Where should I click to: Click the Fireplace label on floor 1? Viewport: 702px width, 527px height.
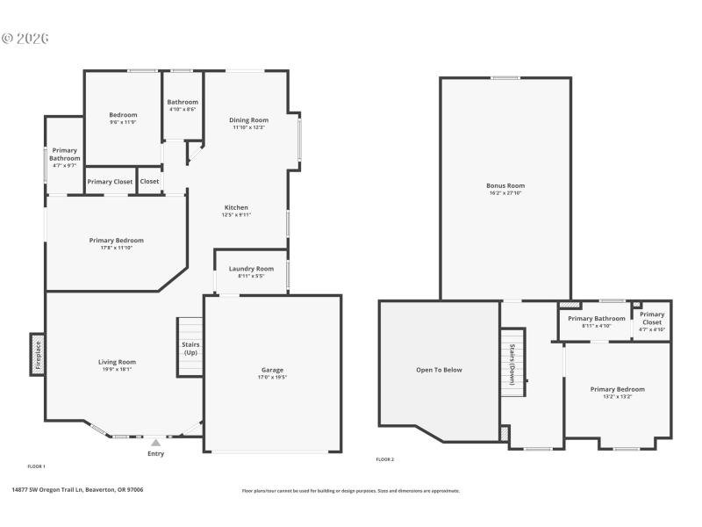37,355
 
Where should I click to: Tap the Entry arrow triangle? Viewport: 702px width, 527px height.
155,443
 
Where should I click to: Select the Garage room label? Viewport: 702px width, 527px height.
272,370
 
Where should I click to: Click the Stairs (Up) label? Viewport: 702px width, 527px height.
190,348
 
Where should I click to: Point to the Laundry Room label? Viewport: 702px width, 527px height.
251,269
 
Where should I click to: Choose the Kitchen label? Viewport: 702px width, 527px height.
236,207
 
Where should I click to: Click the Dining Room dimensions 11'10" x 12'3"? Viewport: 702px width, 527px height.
248,127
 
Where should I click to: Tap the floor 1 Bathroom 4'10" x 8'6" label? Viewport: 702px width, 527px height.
182,110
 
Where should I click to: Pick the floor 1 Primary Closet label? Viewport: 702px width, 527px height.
111,182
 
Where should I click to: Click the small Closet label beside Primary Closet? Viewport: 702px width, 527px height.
150,182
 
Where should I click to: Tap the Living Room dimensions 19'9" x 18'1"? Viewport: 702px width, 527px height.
116,369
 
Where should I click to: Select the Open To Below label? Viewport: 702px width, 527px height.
439,370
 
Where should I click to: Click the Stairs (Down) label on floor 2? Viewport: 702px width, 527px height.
511,357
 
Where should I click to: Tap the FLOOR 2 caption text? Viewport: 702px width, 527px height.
385,459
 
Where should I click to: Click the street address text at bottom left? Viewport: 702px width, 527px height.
77,490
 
